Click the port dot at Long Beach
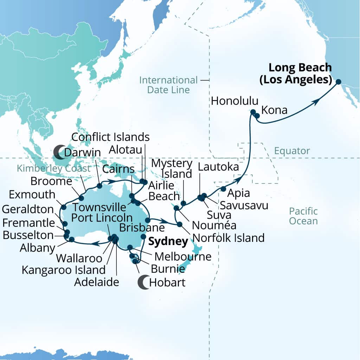point(338,82)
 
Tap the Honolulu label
point(234,101)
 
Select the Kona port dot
point(257,116)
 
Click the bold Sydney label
point(167,242)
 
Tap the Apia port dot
point(223,189)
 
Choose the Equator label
point(292,151)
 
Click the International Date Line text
point(168,85)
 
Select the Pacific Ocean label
point(303,216)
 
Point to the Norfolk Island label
point(229,238)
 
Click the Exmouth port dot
point(64,207)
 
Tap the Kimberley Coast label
point(53,169)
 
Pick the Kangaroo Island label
point(64,270)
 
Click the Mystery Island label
point(172,168)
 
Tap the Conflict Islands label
point(110,137)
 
